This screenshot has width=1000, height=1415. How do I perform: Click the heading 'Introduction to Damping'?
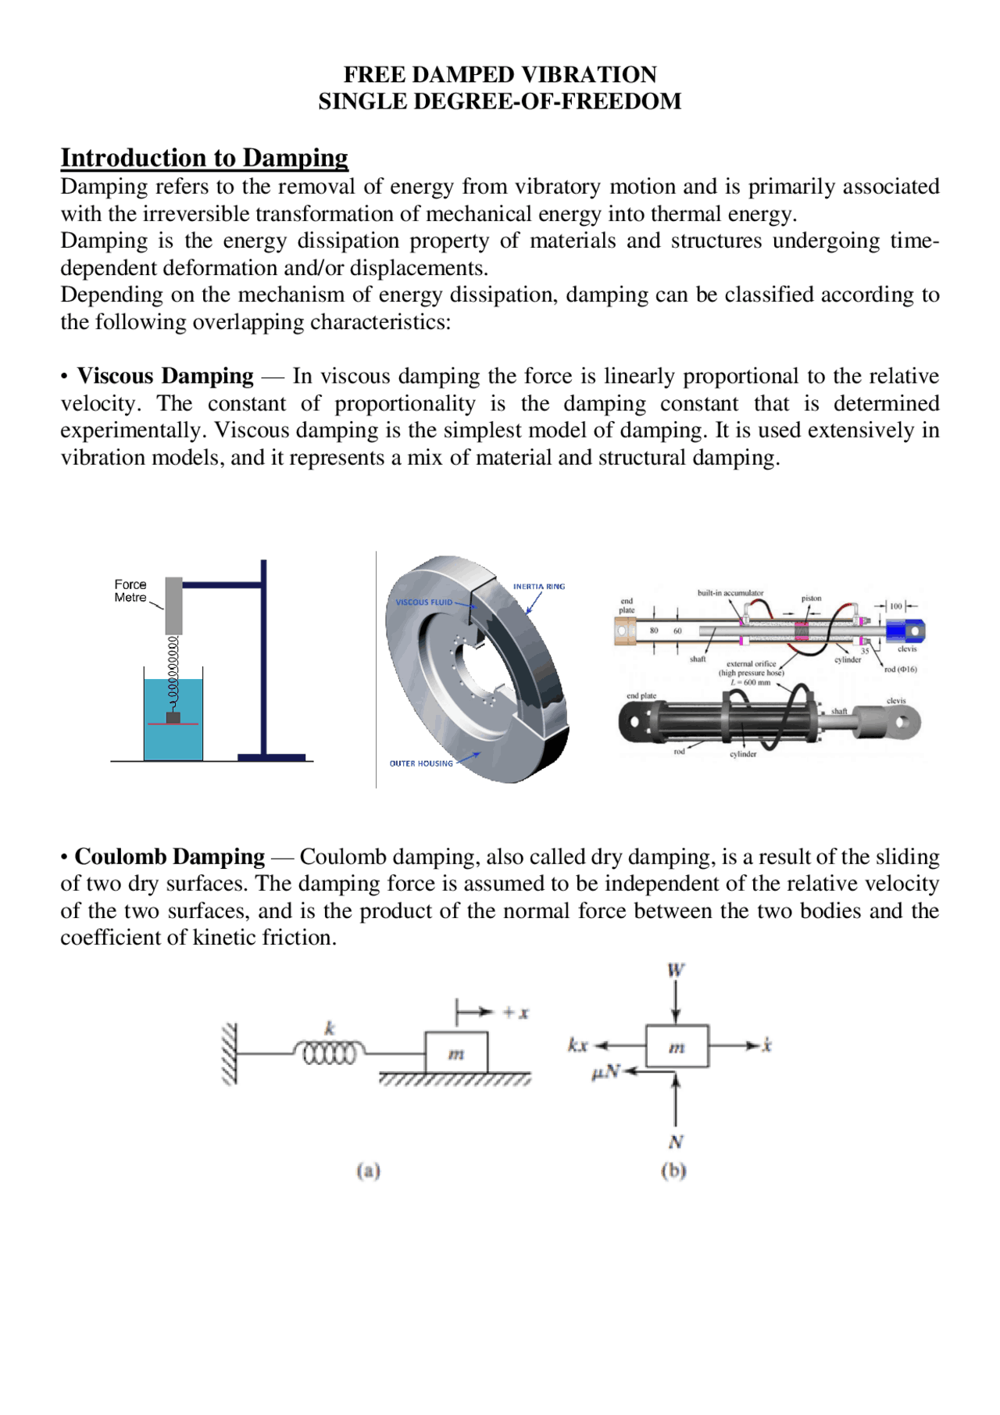(205, 158)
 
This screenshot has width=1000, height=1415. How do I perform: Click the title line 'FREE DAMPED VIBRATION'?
(500, 75)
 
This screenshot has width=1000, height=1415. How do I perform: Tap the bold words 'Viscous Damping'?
(166, 376)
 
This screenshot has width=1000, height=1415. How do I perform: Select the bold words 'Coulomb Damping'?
(170, 856)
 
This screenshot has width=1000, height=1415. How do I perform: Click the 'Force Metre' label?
(130, 591)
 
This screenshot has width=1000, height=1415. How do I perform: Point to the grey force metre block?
(173, 606)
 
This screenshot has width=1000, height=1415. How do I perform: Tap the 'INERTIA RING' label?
(538, 586)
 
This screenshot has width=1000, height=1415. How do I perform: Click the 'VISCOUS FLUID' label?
(423, 602)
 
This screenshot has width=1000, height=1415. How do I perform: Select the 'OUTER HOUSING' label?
(421, 763)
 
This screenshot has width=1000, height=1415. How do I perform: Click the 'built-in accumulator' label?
(730, 593)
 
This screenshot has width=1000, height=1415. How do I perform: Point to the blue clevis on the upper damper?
(905, 630)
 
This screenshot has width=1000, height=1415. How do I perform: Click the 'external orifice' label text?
(751, 664)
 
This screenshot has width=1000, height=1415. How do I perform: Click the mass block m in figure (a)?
(456, 1052)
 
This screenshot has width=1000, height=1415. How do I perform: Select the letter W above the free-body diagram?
(676, 970)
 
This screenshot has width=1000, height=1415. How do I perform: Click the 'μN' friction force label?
(605, 1072)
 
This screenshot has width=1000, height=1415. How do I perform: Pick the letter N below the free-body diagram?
(676, 1142)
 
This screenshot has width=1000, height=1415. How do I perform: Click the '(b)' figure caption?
(673, 1170)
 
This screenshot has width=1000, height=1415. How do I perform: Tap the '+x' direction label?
(516, 1013)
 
